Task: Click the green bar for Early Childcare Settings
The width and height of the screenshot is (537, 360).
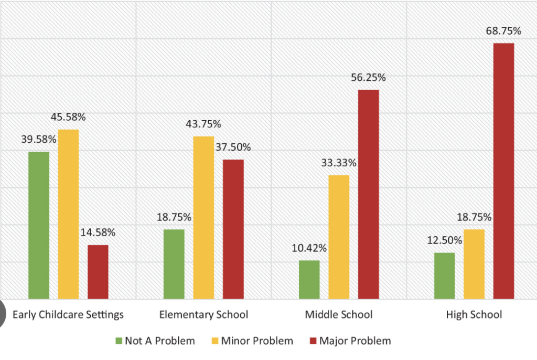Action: point(39,225)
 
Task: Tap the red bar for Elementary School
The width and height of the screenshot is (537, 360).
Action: point(233,229)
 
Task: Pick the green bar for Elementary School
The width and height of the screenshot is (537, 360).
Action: point(174,264)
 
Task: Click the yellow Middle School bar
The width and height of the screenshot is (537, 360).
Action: point(338,237)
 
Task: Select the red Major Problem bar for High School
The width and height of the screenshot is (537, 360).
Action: point(503,171)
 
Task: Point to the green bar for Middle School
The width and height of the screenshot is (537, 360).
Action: point(309,280)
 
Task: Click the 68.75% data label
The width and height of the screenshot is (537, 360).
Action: point(503,31)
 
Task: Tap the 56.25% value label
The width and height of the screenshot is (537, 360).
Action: point(368,78)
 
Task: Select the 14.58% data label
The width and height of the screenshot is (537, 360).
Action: point(98,232)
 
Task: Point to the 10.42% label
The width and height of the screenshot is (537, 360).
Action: point(309,248)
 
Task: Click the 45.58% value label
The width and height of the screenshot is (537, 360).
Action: point(68,117)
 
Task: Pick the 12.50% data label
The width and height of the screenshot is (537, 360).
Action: point(444,240)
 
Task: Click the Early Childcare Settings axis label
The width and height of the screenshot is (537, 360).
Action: point(68,315)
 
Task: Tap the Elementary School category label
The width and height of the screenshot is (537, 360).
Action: point(203,315)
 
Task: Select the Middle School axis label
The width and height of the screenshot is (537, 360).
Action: point(339,315)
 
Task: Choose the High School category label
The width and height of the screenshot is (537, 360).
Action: point(474,315)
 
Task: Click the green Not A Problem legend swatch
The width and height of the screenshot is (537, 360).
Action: point(119,341)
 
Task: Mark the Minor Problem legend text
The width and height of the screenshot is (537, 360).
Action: point(257,341)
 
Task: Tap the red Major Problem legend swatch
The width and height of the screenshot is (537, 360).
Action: point(314,341)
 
